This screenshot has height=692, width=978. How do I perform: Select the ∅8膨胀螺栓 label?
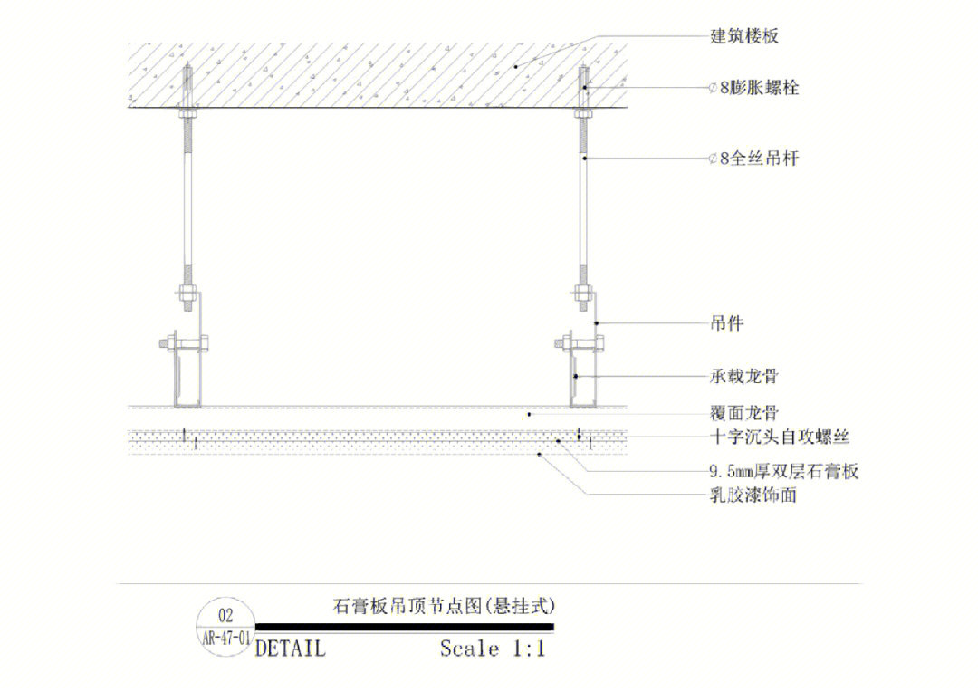point(753,88)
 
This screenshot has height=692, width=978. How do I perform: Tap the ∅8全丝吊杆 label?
point(753,159)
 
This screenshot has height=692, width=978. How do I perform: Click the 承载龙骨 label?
point(743,375)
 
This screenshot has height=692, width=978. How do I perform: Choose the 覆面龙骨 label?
point(743,414)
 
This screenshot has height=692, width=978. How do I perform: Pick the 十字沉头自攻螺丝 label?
point(780,437)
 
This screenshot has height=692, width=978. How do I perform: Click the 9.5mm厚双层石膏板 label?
point(783,472)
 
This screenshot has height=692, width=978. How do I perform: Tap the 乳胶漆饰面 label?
point(753,495)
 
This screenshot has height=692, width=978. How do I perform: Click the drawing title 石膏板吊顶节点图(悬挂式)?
point(444,604)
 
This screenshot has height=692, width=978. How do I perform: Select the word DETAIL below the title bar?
point(290,649)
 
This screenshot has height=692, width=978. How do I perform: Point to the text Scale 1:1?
point(493,649)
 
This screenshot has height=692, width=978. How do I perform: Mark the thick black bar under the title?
point(404,627)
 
